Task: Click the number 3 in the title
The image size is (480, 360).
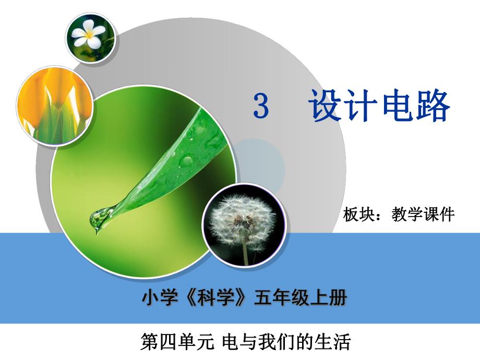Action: (261, 106)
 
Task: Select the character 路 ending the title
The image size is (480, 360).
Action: (433, 106)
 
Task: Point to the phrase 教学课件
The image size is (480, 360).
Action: (423, 214)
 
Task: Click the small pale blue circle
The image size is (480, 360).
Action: (258, 164)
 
